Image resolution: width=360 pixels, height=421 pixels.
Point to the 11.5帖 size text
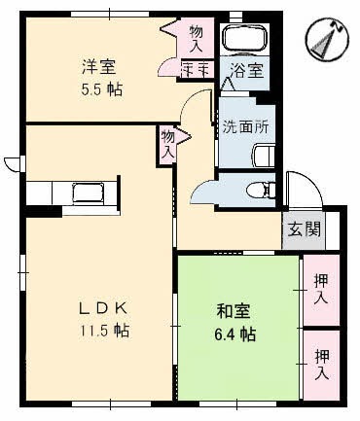point(105,330)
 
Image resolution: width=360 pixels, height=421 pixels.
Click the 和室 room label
point(231,312)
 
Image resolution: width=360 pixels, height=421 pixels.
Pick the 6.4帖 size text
point(234,334)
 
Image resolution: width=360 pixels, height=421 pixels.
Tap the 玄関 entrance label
point(304,230)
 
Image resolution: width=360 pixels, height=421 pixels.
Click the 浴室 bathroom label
point(245,70)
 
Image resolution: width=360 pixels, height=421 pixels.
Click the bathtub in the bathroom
point(247,38)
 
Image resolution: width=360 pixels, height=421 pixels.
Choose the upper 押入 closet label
point(321,290)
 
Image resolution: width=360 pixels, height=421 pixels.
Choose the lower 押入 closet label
point(321,365)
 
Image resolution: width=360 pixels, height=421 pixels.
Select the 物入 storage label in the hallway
point(168,145)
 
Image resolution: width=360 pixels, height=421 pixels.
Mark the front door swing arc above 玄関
point(300,191)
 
